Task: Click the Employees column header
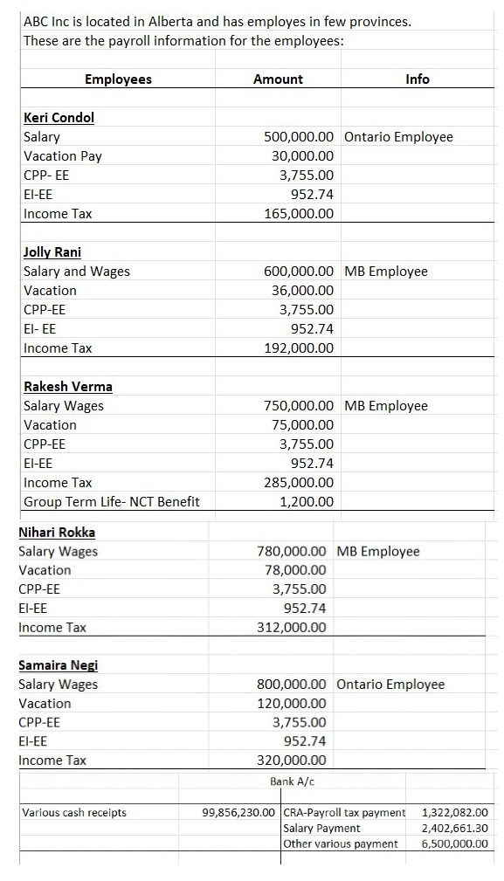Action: (x=118, y=79)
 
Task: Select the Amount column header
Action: (x=278, y=79)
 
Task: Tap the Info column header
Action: (x=418, y=79)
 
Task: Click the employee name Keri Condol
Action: (x=59, y=118)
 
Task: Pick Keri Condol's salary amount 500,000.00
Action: (x=299, y=137)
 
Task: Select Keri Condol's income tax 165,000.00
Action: (x=299, y=214)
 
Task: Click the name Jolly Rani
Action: (x=52, y=252)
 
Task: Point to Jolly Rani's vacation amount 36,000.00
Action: (x=302, y=291)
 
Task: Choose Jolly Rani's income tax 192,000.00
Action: (x=299, y=348)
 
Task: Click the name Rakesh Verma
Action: (x=67, y=387)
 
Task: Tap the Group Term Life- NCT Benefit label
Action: (x=111, y=502)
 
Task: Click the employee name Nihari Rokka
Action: (x=57, y=533)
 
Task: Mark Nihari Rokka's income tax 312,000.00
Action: (x=293, y=628)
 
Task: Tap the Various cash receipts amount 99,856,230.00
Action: (x=238, y=813)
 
